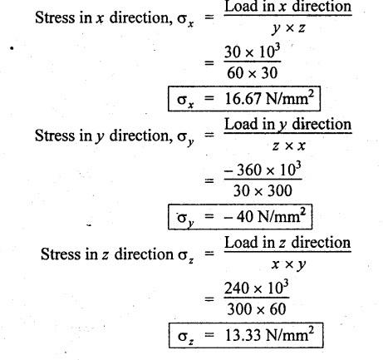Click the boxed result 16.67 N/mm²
coord(269,98)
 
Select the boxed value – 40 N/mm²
coord(265,216)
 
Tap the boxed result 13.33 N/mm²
coord(269,335)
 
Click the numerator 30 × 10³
coord(253,52)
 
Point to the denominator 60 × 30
coord(252,73)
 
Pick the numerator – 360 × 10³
coord(263,170)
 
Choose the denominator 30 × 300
coord(263,191)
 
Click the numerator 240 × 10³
coord(257,288)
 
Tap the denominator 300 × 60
coord(257,309)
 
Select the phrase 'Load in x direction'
coord(287,7)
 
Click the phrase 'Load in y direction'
coord(287,125)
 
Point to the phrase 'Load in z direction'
coord(287,243)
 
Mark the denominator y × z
coord(288,27)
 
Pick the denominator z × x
coord(288,145)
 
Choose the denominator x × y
coord(288,264)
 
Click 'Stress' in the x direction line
coord(55,17)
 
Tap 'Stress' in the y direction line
coord(55,136)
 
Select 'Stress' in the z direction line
coord(61,254)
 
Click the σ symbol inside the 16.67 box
coord(182,99)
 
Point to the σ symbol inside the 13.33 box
coord(183,336)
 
